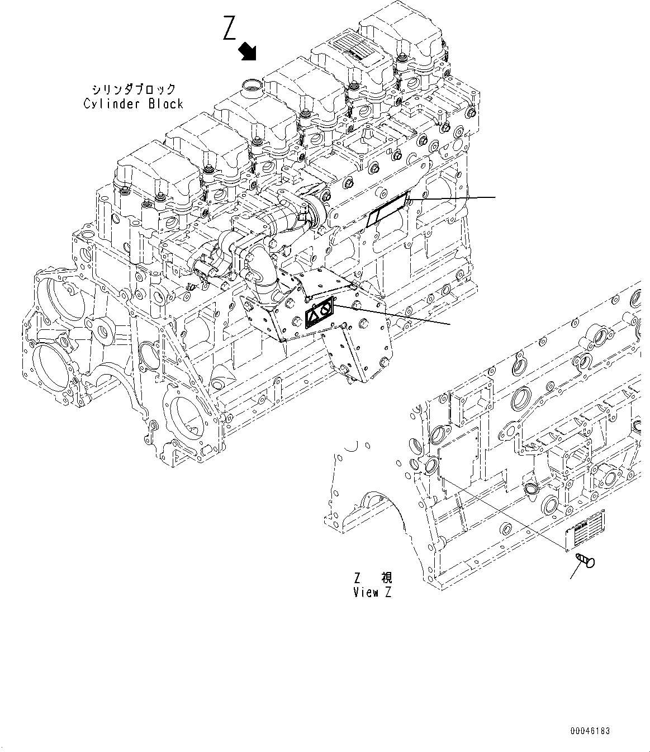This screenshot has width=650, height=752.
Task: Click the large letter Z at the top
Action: (x=229, y=29)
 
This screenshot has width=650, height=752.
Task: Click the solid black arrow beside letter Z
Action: (x=247, y=51)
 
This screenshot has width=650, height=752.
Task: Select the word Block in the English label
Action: (x=165, y=103)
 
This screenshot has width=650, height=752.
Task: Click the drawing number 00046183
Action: (x=590, y=731)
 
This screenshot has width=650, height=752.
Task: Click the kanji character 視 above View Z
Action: (x=386, y=578)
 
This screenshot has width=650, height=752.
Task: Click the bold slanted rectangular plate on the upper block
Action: (x=387, y=210)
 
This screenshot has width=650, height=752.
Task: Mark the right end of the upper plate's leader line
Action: (x=495, y=197)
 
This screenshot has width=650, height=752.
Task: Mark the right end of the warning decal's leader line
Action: (x=450, y=324)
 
